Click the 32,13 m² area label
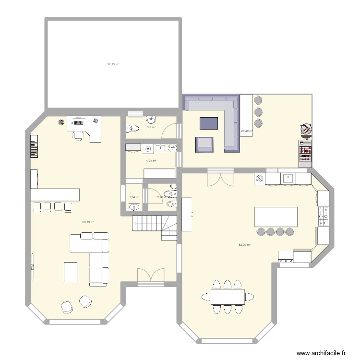(x=113, y=64)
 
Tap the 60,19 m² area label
(x=88, y=222)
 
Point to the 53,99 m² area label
(x=245, y=245)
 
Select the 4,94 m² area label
(x=151, y=161)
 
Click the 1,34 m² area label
(x=134, y=197)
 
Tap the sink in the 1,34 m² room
(x=134, y=207)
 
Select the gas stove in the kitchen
(x=324, y=216)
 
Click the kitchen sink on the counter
(x=288, y=178)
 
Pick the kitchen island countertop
(x=276, y=216)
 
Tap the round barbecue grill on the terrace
(x=305, y=129)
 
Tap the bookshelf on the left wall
(x=33, y=146)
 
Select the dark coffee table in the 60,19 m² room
(x=71, y=271)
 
